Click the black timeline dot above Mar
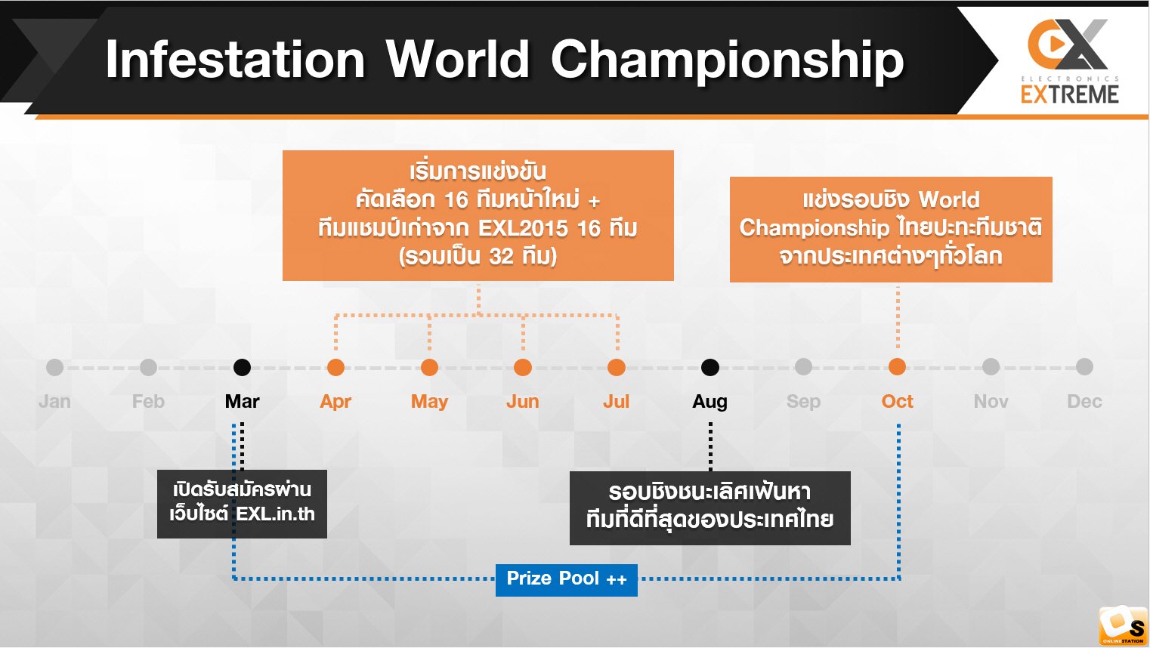coord(242,367)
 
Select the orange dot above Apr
coord(335,367)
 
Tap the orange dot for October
coord(897,367)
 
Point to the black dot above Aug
coord(710,367)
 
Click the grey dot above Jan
coord(55,367)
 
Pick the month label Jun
coord(523,401)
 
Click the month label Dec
coord(1084,401)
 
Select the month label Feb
coord(148,401)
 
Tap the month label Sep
coord(803,402)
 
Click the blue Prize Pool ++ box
coord(566,580)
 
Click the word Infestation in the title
coord(235,60)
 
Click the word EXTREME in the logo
coord(1069,94)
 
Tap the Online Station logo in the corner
coord(1123,625)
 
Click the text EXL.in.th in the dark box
coord(275,514)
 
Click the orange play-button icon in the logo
coord(1055,45)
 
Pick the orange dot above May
coord(429,367)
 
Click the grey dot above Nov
coord(991,367)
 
